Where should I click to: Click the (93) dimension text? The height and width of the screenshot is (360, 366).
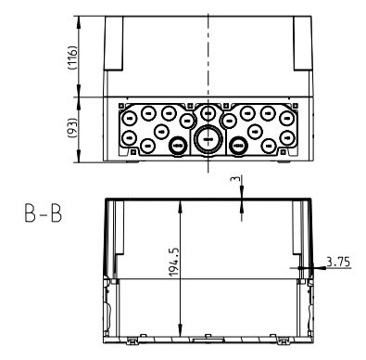pos(84,130)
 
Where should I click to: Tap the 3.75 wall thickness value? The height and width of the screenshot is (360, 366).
pos(339,264)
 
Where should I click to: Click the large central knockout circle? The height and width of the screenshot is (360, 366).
pos(208,139)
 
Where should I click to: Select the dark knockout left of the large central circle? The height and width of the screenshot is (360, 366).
pos(178,145)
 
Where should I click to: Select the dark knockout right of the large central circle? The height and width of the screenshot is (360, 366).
pos(238,145)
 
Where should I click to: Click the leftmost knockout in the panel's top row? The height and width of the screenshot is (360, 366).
pos(130,116)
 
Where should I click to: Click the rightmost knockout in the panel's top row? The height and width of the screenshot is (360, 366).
pos(285,116)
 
